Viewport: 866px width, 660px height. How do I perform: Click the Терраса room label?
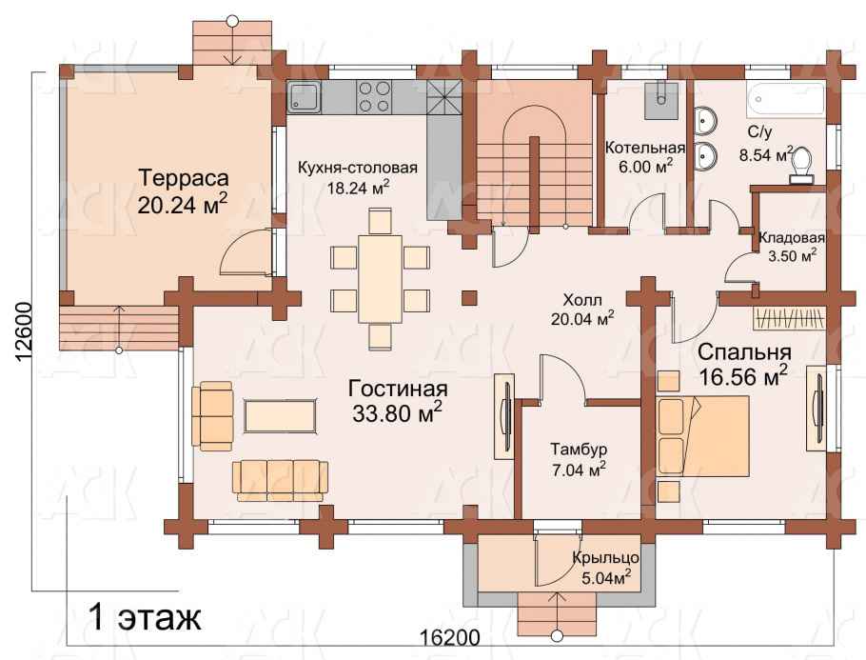pyautogui.click(x=183, y=178)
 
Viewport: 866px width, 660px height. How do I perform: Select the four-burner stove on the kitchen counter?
pyautogui.click(x=374, y=97)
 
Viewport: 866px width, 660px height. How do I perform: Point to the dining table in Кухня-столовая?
pyautogui.click(x=380, y=279)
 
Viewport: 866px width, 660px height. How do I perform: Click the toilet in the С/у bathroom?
pyautogui.click(x=802, y=165)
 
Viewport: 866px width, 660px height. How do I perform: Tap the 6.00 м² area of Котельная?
pyautogui.click(x=645, y=167)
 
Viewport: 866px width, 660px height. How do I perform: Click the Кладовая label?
pyautogui.click(x=792, y=238)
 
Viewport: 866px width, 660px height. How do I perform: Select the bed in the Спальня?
pyautogui.click(x=703, y=435)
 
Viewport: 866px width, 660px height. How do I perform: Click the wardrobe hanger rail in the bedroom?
pyautogui.click(x=791, y=319)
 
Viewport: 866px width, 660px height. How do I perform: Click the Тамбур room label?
pyautogui.click(x=579, y=449)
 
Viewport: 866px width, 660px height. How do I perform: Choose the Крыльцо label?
pyautogui.click(x=606, y=557)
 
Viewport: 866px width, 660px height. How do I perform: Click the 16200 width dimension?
pyautogui.click(x=449, y=638)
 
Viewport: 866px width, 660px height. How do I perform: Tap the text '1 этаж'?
pyautogui.click(x=145, y=618)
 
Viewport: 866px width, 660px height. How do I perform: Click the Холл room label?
pyautogui.click(x=582, y=301)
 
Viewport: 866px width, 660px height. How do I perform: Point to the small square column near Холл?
pyautogui.click(x=469, y=297)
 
